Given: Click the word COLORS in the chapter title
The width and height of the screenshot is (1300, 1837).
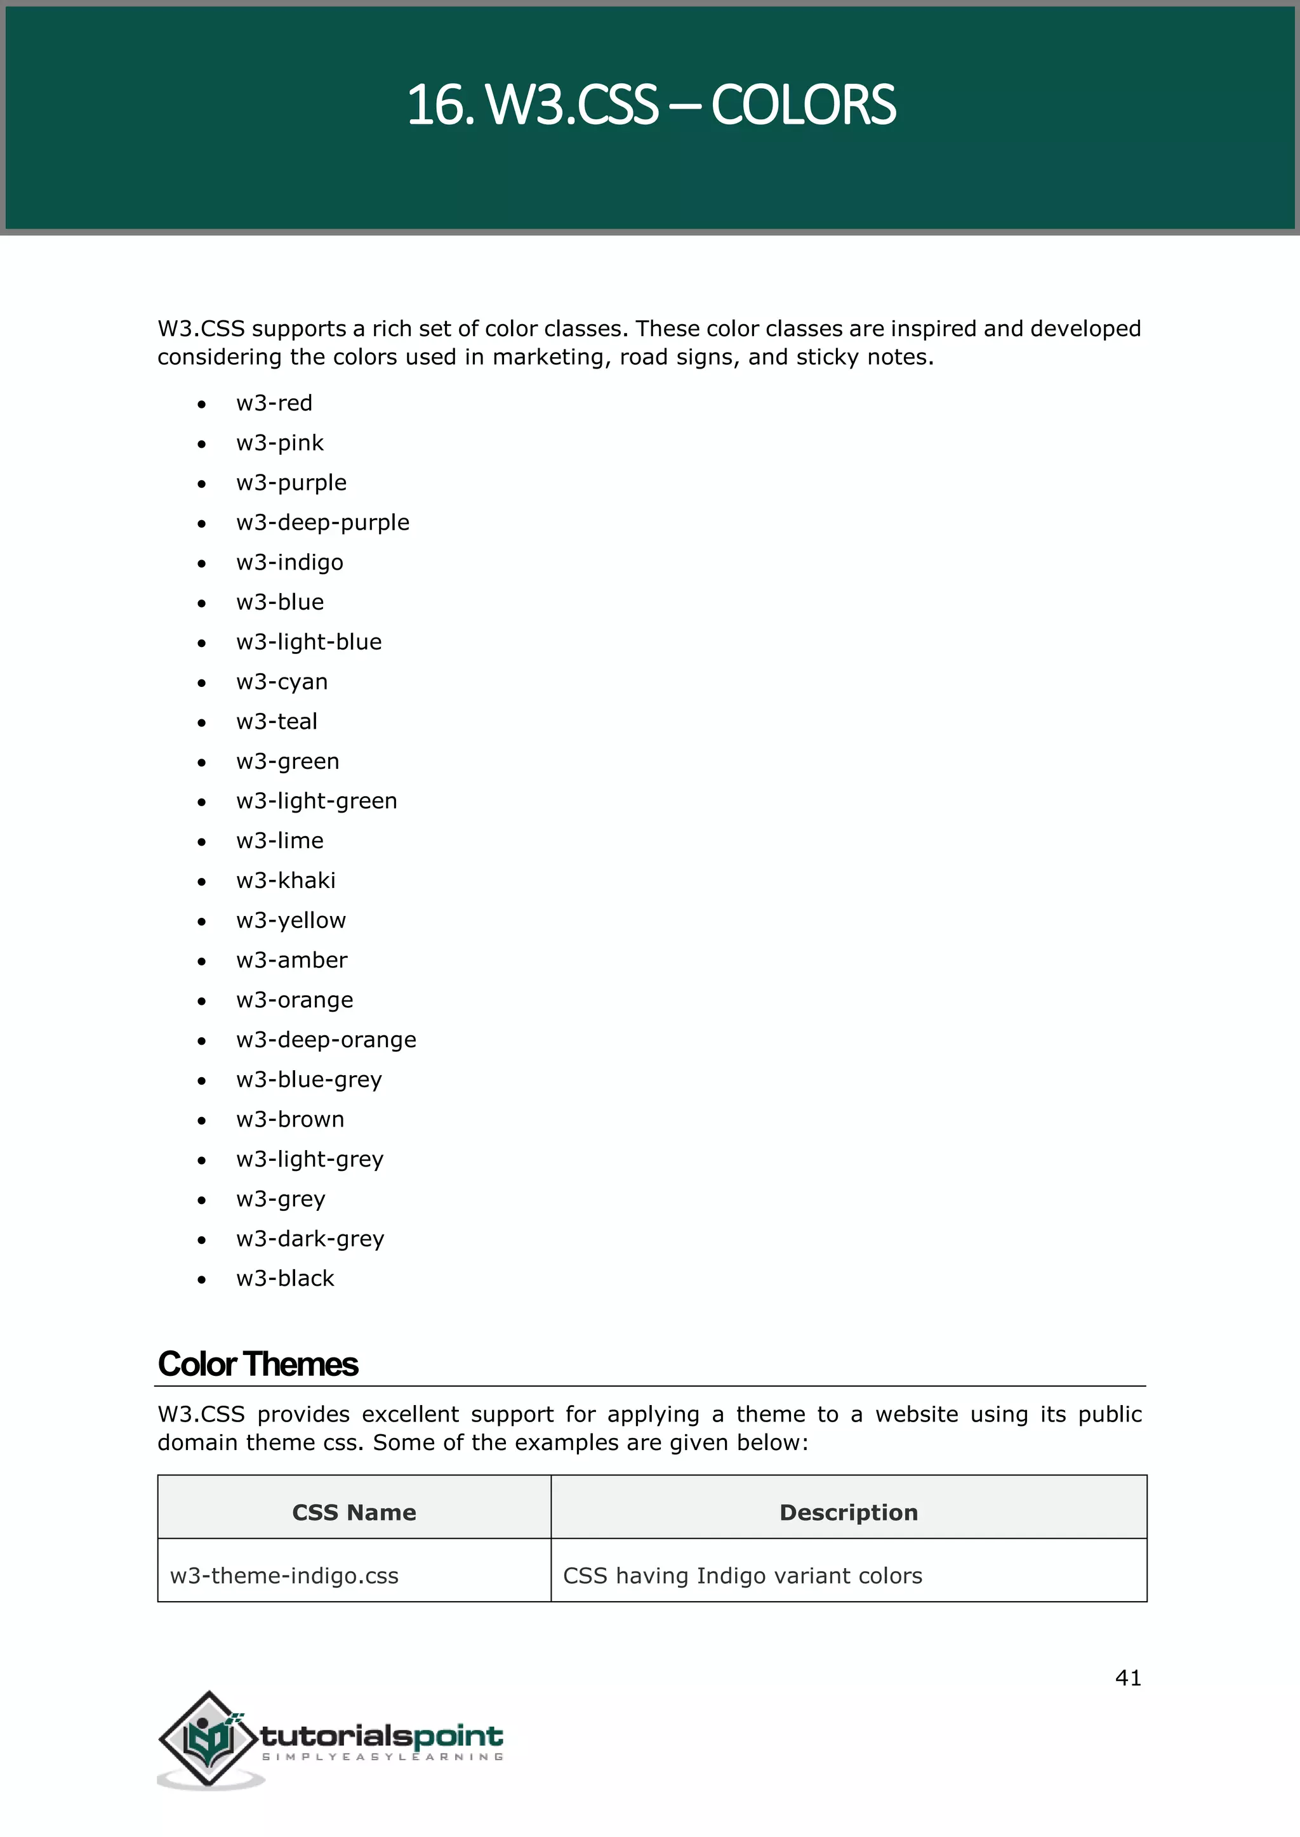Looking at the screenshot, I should tap(803, 105).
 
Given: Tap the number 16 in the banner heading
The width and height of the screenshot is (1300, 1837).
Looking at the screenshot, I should tap(435, 105).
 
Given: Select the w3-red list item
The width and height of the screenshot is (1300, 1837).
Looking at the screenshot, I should tap(274, 403).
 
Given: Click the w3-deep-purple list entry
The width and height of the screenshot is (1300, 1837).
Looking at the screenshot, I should tap(322, 523).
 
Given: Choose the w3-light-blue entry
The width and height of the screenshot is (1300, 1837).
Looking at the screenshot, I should tap(309, 642).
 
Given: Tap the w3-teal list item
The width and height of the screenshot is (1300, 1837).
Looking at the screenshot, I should tap(276, 722).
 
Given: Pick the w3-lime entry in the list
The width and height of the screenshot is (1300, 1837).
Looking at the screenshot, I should tap(279, 841).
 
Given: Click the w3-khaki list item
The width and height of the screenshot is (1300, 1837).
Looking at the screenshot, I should tap(286, 881).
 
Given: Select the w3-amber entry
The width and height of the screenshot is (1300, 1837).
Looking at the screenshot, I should tap(291, 960).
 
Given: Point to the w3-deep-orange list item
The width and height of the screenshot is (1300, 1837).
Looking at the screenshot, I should tap(326, 1040).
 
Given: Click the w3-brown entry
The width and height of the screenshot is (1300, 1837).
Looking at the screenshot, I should tap(290, 1120).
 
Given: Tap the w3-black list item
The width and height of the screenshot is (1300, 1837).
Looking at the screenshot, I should tap(285, 1279).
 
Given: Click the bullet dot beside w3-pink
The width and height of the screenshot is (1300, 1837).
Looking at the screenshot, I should tap(202, 444).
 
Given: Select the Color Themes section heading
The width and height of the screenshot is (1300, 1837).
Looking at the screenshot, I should tap(258, 1365).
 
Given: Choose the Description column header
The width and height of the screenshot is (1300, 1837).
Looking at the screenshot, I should tap(849, 1512).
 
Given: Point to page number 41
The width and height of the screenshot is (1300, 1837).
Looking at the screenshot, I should tap(1128, 1678).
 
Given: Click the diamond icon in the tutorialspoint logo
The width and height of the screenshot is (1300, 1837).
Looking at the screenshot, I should tap(209, 1739).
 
